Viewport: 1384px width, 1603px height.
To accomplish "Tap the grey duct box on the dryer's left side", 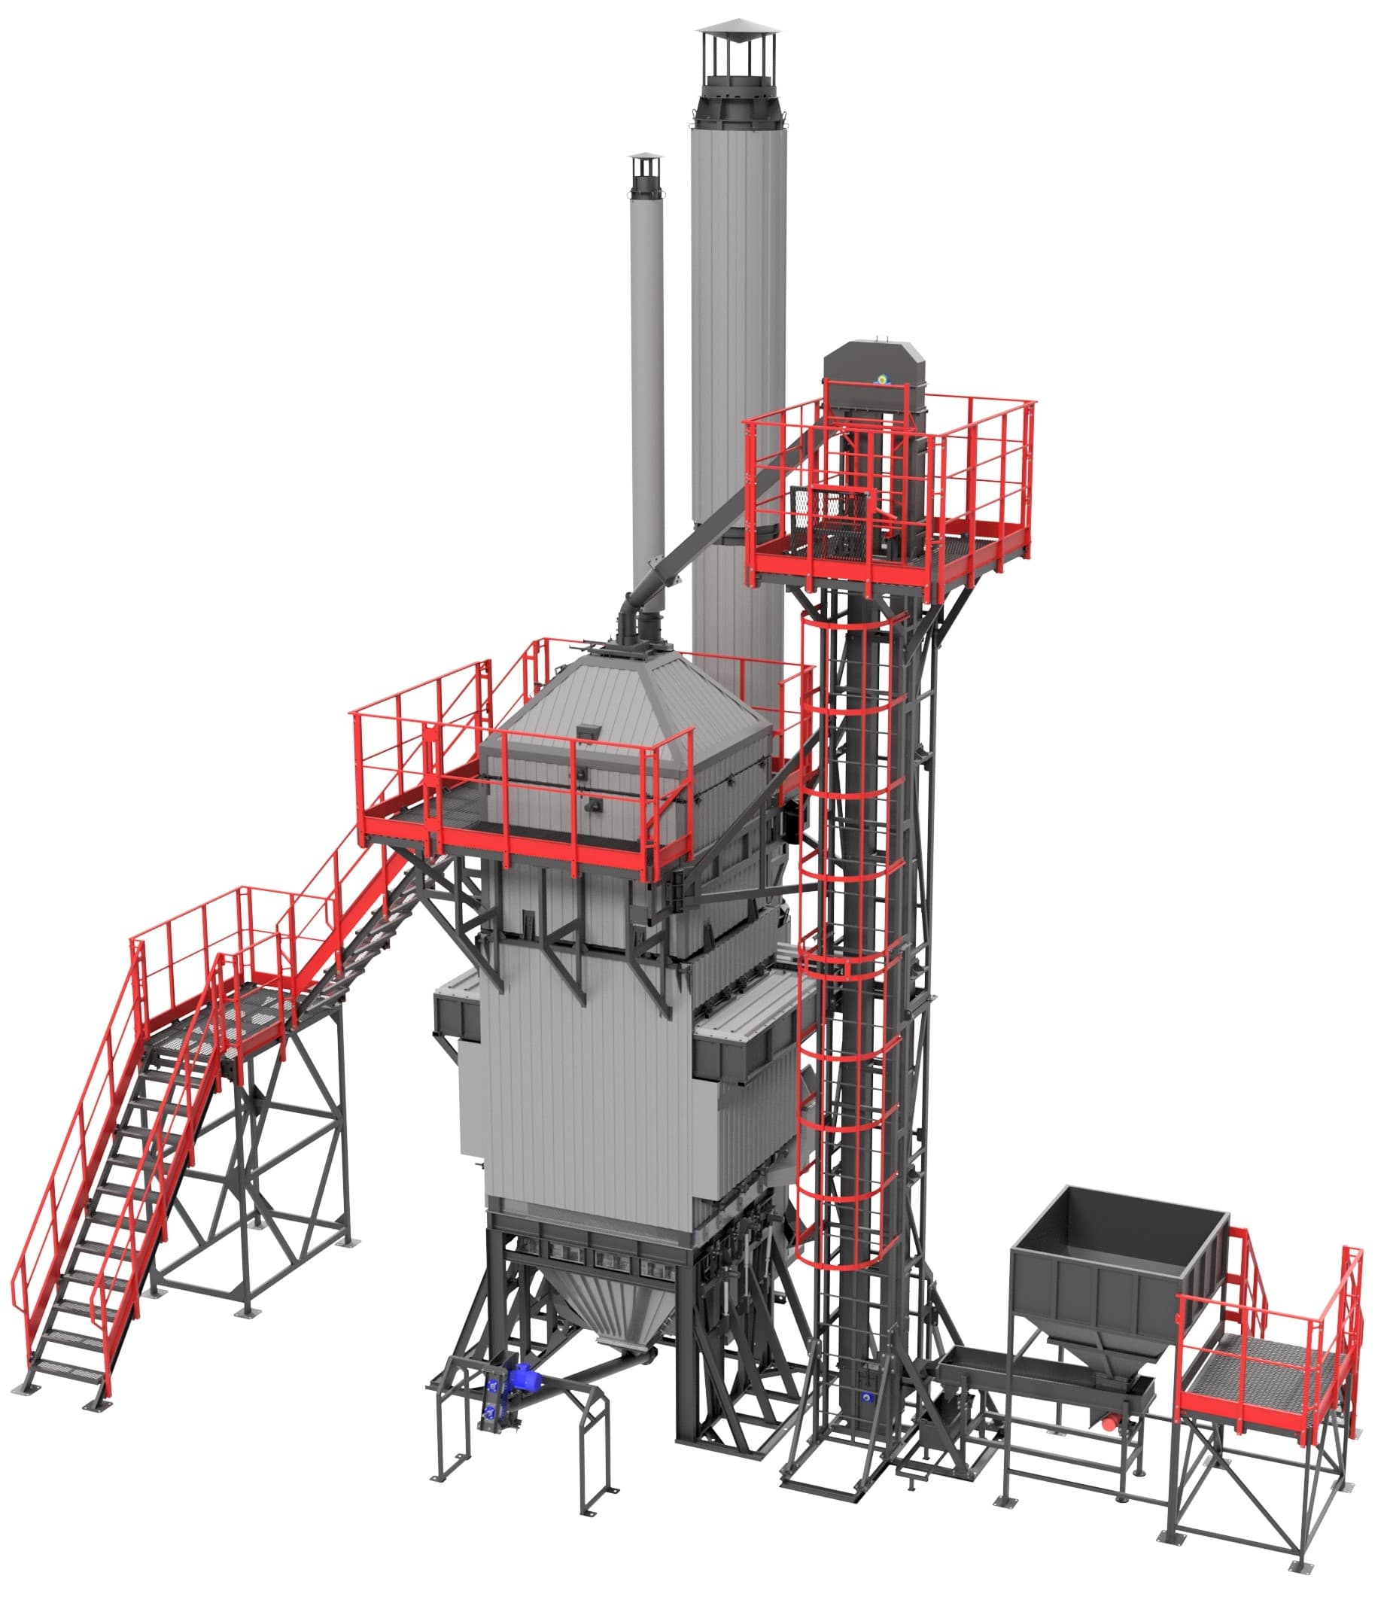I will tap(456, 1014).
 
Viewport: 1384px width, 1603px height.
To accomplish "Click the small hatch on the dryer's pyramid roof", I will tap(588, 730).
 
